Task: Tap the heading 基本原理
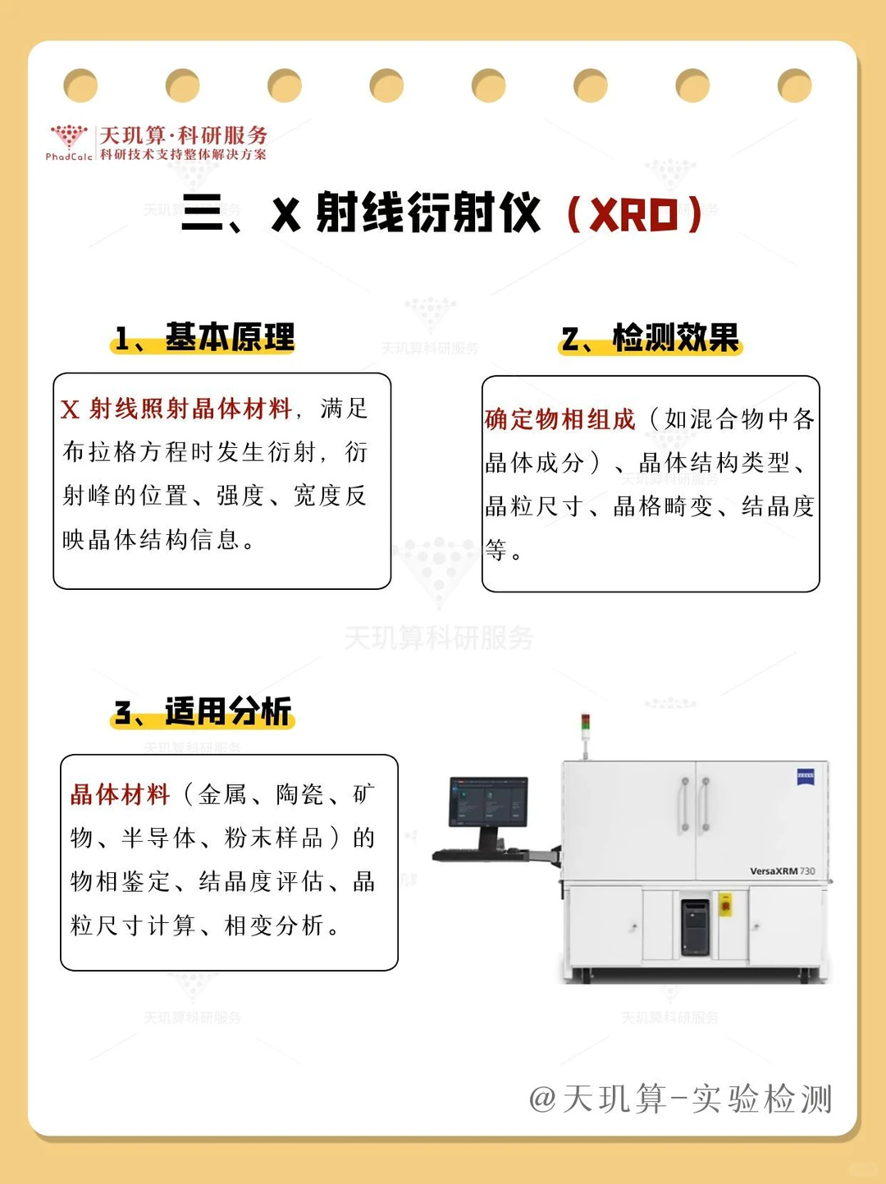click(x=229, y=337)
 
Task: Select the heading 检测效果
click(x=675, y=337)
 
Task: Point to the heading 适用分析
click(x=227, y=711)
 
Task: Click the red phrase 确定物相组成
click(x=559, y=419)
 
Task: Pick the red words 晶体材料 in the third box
click(x=120, y=794)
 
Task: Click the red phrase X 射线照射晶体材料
click(x=176, y=409)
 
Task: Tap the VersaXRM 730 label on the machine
click(x=782, y=871)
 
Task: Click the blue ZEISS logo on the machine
click(x=805, y=776)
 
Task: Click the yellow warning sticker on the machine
click(x=725, y=905)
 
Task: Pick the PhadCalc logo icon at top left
click(x=69, y=138)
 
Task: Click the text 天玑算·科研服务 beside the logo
click(x=183, y=135)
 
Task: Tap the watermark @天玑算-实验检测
click(x=680, y=1099)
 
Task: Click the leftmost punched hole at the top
click(x=80, y=85)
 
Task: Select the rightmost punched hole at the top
click(x=794, y=85)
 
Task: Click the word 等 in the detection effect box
click(x=496, y=550)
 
